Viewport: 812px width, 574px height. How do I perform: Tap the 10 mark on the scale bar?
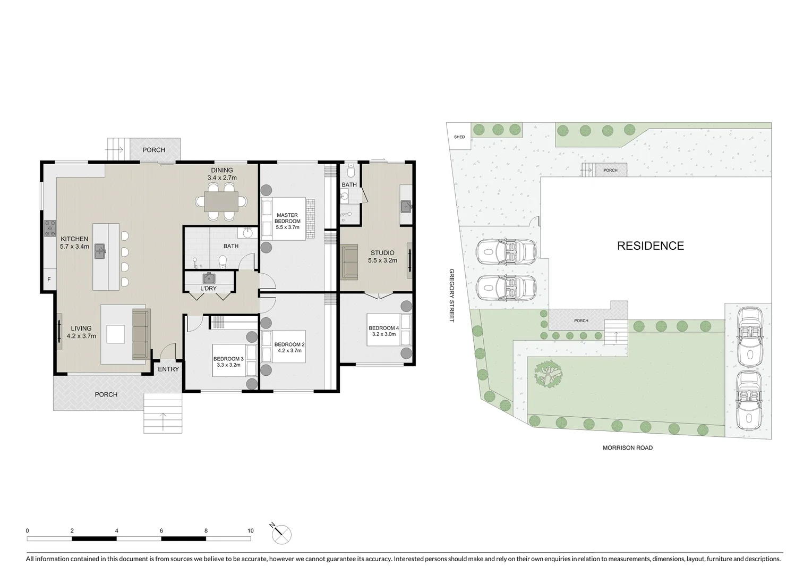[251, 530]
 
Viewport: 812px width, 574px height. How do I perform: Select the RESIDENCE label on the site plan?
[650, 246]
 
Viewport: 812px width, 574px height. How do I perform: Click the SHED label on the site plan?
[459, 137]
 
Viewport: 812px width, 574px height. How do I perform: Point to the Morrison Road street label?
[627, 448]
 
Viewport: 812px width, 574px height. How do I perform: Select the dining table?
[221, 201]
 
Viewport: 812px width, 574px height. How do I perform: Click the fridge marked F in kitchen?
[49, 280]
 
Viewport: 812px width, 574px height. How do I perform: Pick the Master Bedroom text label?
[287, 218]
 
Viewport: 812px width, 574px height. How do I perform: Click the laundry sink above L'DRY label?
[209, 278]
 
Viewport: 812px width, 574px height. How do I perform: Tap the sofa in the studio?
[349, 261]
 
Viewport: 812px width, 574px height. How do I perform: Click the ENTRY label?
[168, 369]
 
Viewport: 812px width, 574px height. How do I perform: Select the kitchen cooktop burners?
[50, 229]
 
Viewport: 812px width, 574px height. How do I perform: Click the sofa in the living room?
[141, 334]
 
